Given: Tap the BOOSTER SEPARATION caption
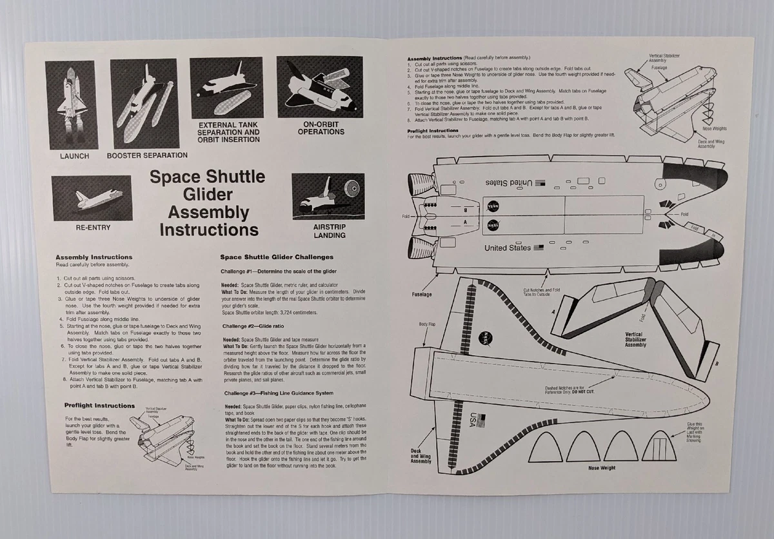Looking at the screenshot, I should click(147, 155).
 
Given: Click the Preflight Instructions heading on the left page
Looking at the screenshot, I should click(99, 406).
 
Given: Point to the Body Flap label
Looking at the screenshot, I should click(427, 324).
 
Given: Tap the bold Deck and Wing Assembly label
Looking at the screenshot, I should click(421, 456).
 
